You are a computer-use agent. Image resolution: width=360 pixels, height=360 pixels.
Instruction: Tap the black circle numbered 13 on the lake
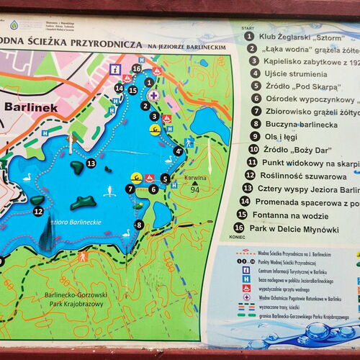click(x=91, y=163)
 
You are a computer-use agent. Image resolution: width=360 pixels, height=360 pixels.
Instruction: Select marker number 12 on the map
click(x=38, y=211)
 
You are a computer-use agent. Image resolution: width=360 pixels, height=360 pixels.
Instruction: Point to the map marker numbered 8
click(x=139, y=225)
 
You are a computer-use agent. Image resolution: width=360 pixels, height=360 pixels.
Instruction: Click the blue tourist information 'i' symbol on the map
click(x=114, y=68)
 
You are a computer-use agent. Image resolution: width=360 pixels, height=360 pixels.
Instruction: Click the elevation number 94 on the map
click(x=194, y=190)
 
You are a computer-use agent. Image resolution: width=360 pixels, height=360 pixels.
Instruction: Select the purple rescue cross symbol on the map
click(x=152, y=94)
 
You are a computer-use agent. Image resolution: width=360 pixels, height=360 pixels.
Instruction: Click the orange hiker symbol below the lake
click(x=83, y=256)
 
